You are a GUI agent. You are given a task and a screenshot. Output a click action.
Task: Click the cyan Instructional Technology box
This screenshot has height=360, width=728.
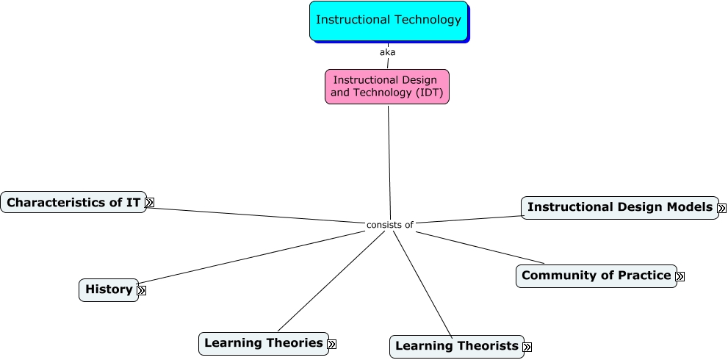tap(388, 21)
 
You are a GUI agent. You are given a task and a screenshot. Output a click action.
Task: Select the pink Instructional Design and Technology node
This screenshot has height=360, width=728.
tap(386, 87)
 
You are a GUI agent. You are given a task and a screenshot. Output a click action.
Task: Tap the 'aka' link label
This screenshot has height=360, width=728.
tap(387, 52)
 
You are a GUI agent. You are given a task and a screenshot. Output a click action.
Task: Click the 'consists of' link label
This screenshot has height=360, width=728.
tap(390, 225)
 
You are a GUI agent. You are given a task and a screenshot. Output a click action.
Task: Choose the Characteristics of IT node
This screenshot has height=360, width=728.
tap(73, 202)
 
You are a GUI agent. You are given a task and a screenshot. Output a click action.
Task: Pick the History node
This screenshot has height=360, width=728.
tap(108, 289)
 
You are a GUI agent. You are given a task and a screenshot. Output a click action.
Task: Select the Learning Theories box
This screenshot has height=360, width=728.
tap(263, 343)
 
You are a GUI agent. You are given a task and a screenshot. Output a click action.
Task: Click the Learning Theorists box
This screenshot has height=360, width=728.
tap(456, 346)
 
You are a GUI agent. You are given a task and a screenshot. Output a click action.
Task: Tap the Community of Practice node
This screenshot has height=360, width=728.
tap(596, 276)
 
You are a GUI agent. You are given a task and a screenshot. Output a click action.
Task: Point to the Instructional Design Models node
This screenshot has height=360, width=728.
tap(619, 207)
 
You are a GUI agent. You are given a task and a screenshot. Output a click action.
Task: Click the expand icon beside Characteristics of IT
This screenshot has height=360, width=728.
tap(150, 202)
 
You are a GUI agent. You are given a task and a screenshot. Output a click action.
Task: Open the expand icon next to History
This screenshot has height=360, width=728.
tap(142, 290)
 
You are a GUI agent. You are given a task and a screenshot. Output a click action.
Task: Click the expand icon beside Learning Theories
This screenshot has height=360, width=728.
tap(332, 344)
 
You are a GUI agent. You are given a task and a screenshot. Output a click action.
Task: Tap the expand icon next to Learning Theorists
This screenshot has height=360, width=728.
tap(527, 347)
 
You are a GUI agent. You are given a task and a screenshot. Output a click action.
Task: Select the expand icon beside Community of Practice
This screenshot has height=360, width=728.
tap(680, 276)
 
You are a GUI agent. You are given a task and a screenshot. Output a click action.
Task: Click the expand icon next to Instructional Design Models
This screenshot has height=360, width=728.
tap(721, 208)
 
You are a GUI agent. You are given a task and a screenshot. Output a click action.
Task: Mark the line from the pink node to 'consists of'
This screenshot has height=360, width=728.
tap(389, 162)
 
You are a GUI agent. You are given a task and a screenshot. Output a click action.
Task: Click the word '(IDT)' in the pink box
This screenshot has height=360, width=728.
tap(428, 93)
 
